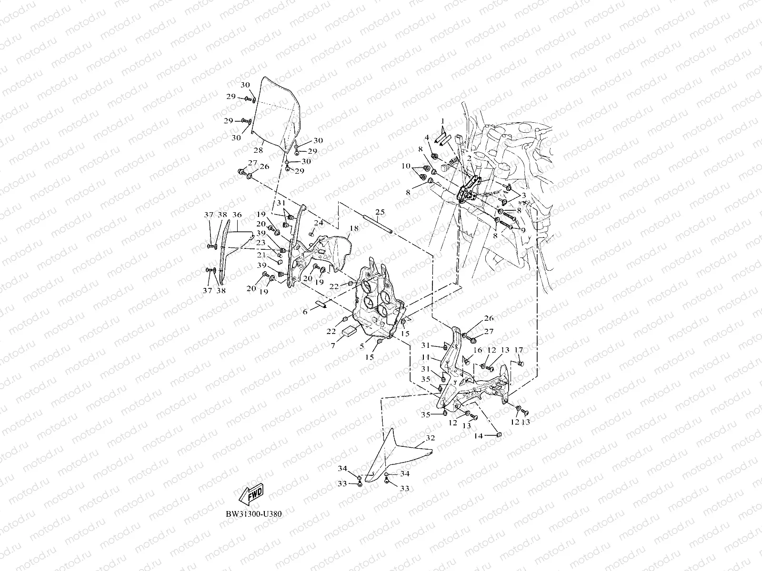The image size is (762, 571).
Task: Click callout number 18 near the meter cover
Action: click(x=353, y=229)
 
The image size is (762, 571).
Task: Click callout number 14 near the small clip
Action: click(x=478, y=435)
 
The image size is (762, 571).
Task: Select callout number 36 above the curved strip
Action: click(x=237, y=215)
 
